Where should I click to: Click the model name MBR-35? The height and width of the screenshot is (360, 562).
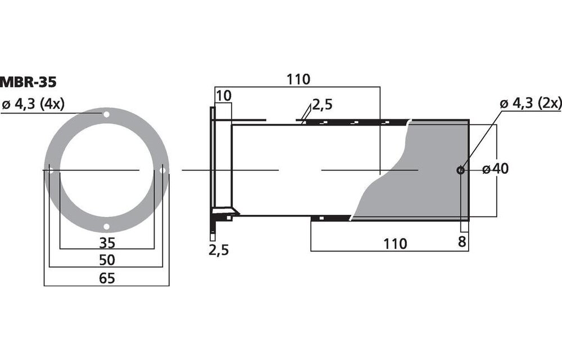[28, 82]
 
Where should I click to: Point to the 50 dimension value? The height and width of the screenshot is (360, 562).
[107, 260]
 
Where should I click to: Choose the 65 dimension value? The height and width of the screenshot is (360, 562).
[107, 278]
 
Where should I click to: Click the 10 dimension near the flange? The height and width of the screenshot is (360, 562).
[223, 96]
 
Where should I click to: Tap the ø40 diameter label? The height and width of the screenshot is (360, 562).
[496, 169]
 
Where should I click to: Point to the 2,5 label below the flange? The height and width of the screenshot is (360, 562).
[219, 250]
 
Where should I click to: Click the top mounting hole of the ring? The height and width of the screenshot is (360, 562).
[106, 114]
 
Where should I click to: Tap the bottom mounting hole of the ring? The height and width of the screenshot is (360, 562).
[106, 227]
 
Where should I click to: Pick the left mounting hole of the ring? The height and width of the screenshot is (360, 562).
[50, 170]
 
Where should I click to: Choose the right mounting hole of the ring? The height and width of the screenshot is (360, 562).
[163, 170]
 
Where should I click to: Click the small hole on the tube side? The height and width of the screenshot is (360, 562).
[460, 170]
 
